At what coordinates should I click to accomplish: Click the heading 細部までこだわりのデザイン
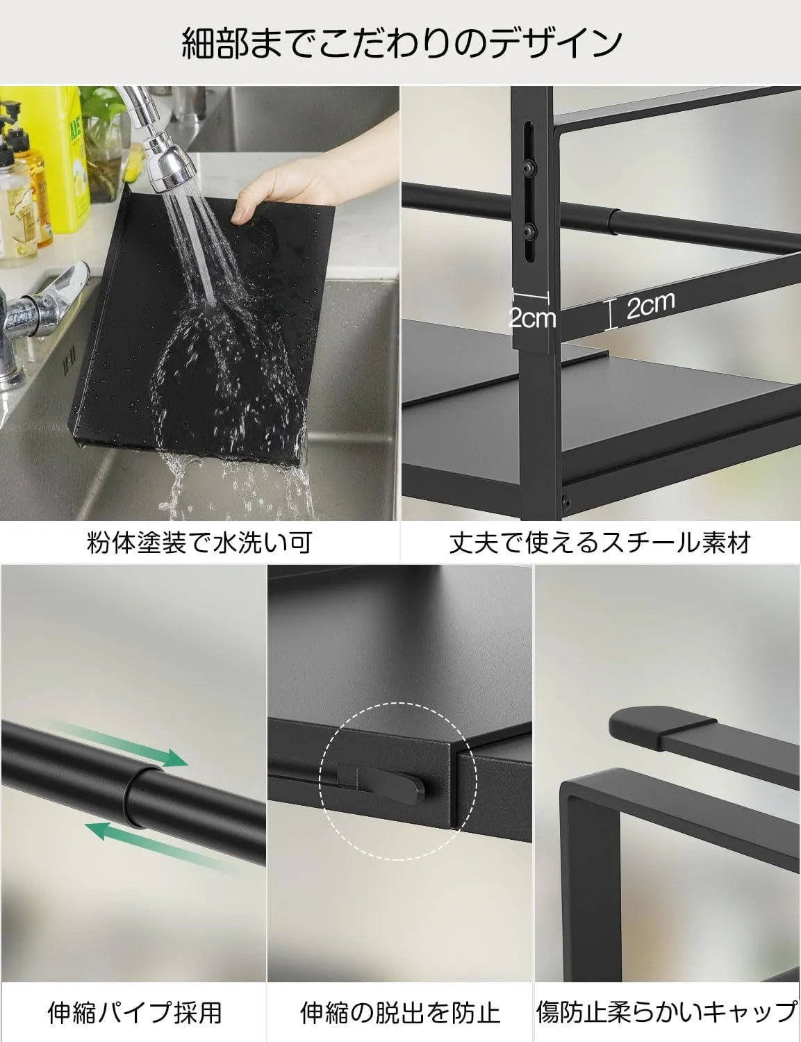pos(401,43)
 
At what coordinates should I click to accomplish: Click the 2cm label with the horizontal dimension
pos(532,317)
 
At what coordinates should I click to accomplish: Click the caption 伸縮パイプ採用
pos(134,1012)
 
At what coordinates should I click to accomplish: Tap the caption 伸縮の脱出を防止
pos(400,1012)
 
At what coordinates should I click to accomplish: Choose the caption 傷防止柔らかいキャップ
pos(667,1012)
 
